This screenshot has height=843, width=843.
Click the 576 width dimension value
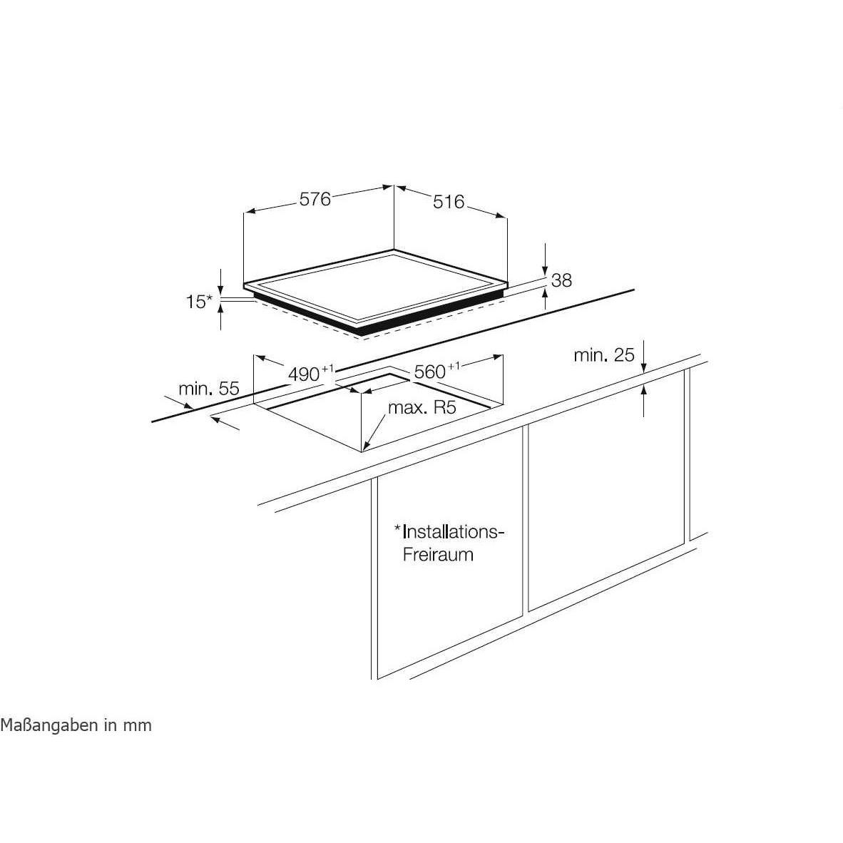coord(315,199)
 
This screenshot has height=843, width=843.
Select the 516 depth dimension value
coord(449,202)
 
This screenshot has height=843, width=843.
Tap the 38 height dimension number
coord(562,280)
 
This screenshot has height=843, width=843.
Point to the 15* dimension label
coord(199,302)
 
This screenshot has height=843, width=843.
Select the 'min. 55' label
coord(208,388)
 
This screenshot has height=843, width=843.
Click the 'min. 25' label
coord(604,355)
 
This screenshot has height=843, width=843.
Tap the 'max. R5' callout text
coord(422,407)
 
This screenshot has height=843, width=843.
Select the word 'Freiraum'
coord(438,554)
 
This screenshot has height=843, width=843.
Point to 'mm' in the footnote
coord(138,726)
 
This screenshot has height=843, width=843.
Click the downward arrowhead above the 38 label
coord(545,270)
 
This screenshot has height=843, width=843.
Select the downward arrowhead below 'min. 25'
coord(644,367)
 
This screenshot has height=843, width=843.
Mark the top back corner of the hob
coord(394,250)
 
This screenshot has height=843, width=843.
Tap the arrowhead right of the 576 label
coord(387,188)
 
